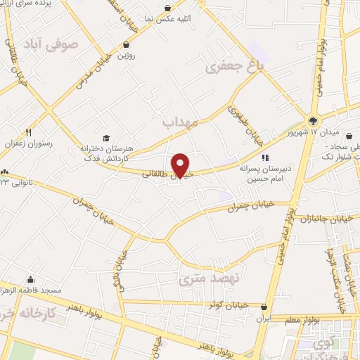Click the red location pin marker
click(x=181, y=165)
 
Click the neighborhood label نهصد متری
click(x=209, y=278)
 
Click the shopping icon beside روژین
click(x=125, y=44)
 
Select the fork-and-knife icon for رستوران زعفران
click(x=28, y=131)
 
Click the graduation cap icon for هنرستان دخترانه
click(x=105, y=139)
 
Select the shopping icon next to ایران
click(x=264, y=307)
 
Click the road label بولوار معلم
click(x=325, y=319)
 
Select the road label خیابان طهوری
click(x=239, y=117)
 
